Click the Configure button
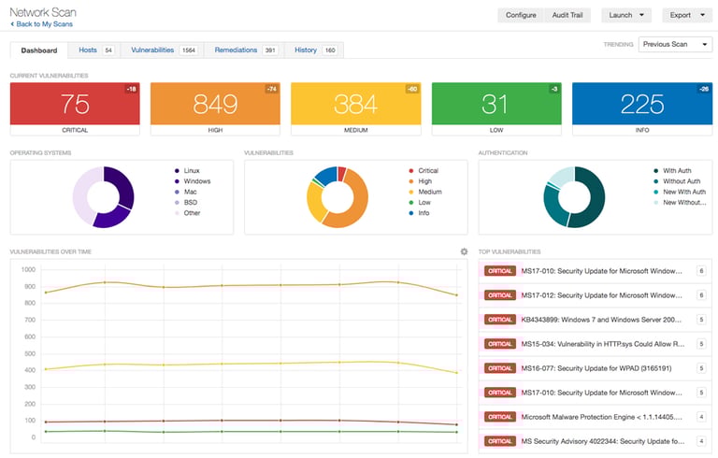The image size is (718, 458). [521, 15]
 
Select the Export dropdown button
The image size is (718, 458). [686, 15]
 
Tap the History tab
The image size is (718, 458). [306, 50]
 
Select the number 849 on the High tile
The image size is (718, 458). [215, 104]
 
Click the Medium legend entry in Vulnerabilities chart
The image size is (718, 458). [428, 192]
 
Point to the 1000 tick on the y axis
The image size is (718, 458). [27, 268]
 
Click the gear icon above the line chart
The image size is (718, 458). [464, 251]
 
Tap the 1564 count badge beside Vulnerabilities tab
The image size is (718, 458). [188, 50]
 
